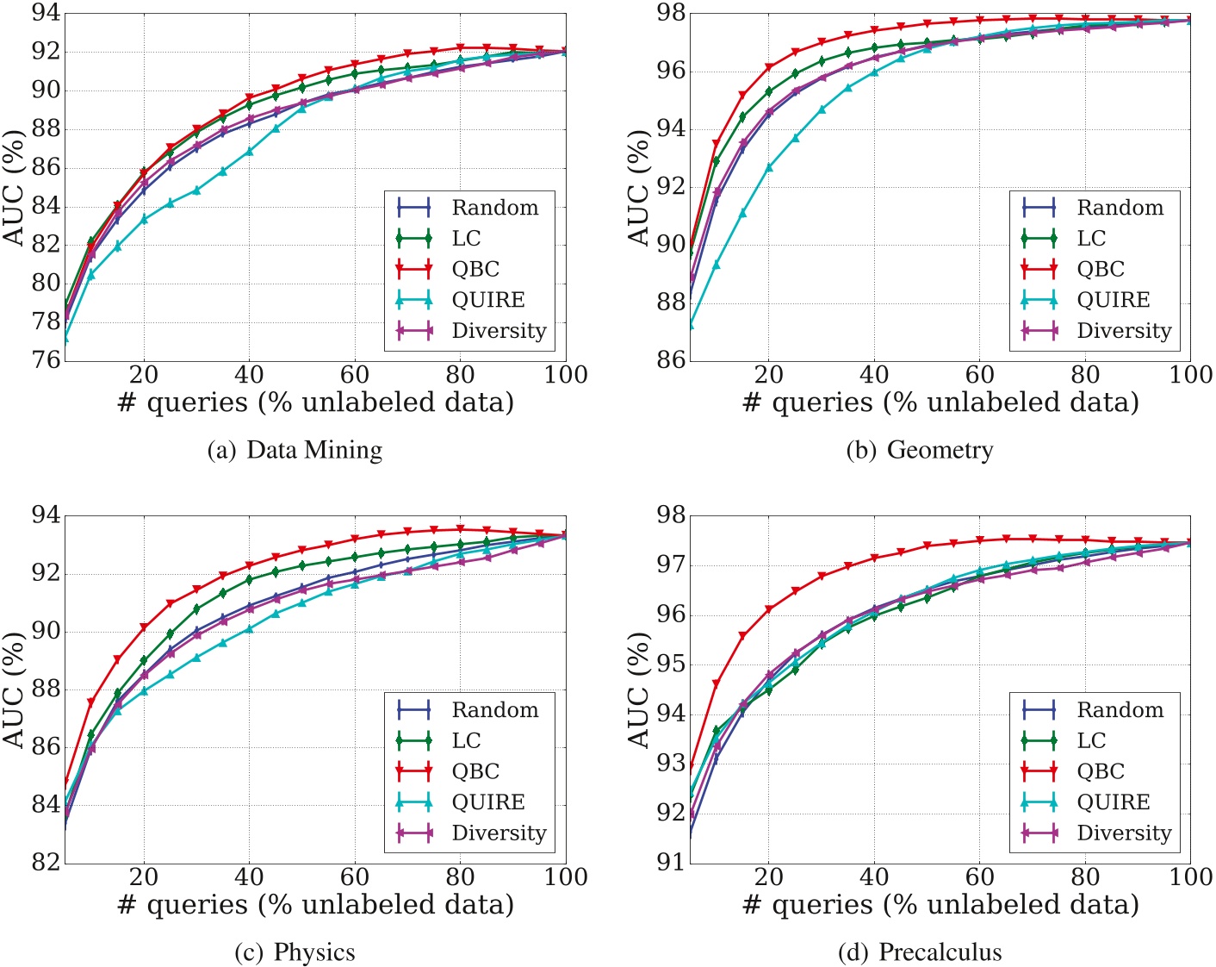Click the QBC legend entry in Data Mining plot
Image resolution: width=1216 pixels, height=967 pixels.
(475, 269)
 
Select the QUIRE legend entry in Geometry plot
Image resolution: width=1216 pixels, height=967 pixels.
(1112, 300)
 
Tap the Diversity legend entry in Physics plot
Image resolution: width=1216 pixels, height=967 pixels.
(498, 833)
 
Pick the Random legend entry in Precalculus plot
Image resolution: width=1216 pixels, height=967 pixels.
(1120, 710)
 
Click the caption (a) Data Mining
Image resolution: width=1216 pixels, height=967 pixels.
(295, 450)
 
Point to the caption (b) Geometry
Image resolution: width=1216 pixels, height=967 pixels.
(919, 450)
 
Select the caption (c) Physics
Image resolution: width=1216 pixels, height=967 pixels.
(295, 952)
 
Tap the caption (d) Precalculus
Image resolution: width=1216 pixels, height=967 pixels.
(919, 952)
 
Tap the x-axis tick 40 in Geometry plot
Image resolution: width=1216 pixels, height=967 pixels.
(874, 375)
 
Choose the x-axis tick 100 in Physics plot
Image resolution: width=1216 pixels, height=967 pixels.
(566, 877)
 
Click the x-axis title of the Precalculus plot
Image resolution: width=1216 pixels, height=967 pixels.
(940, 905)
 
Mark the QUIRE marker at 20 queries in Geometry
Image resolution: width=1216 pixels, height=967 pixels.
(769, 167)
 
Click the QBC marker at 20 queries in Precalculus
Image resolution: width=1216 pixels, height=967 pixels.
(769, 609)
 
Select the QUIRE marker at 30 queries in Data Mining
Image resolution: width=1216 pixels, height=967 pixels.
(196, 190)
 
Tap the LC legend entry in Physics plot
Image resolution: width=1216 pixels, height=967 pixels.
(465, 741)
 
